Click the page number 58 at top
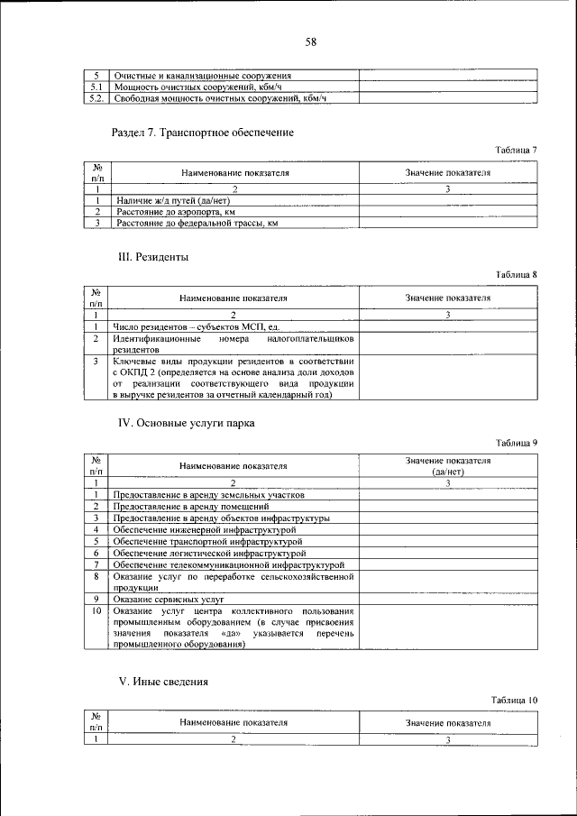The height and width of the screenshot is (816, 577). [x=311, y=41]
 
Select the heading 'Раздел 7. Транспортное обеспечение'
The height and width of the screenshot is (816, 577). [x=202, y=133]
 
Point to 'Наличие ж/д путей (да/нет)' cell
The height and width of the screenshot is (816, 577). [x=171, y=200]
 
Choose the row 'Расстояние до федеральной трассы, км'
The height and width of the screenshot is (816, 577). [x=195, y=222]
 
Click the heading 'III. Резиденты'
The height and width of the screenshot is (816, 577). [x=153, y=257]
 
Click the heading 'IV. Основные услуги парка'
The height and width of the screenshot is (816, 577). [x=188, y=423]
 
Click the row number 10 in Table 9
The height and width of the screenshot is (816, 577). [x=95, y=611]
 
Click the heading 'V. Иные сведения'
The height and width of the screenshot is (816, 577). [x=164, y=682]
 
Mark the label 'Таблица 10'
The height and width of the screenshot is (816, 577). [x=514, y=700]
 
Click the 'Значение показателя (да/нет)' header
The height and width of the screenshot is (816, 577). [x=447, y=466]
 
